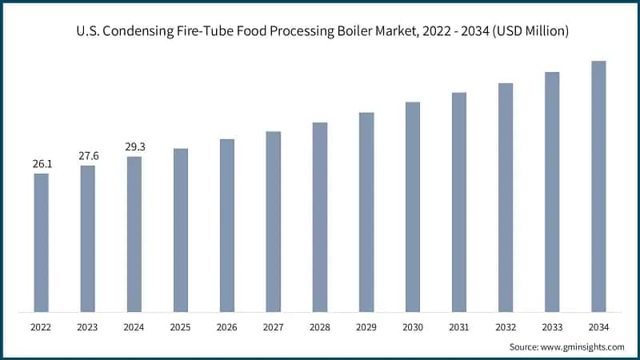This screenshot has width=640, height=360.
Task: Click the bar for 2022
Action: point(41,242)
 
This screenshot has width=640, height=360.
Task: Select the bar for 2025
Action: point(180,230)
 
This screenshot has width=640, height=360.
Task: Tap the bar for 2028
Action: point(320,217)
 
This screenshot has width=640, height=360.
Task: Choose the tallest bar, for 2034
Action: point(598,186)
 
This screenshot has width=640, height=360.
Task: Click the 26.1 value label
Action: point(42,164)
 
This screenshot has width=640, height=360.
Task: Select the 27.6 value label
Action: point(88,156)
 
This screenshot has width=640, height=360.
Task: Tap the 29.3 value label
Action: point(134,147)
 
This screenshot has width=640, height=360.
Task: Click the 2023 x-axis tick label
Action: point(88,326)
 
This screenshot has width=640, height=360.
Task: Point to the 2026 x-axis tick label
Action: point(227,326)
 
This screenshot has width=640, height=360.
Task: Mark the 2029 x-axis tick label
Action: point(366,326)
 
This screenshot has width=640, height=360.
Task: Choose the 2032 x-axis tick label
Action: point(506,326)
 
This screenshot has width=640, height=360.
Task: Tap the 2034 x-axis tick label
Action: point(598,326)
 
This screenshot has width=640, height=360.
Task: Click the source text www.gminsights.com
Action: point(582,346)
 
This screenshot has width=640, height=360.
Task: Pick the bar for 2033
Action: point(552,191)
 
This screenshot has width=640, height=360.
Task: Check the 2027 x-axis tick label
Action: point(274,326)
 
